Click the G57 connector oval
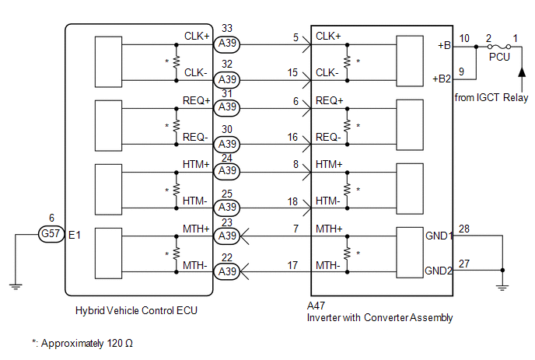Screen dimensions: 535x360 [51, 234]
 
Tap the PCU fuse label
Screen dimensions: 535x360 [499, 57]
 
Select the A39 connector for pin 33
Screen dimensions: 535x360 [227, 44]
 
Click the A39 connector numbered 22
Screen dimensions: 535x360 [227, 272]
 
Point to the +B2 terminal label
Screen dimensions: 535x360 [442, 79]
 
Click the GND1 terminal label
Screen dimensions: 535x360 [439, 236]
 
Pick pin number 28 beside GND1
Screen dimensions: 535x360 [464, 229]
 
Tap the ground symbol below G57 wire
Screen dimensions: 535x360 [16, 286]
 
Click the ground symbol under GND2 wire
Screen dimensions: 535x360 [502, 288]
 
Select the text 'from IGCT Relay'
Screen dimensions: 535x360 [491, 98]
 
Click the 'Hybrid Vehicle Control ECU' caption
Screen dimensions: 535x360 [136, 310]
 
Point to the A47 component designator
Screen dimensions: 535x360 [316, 306]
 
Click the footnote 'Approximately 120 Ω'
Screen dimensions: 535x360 [87, 343]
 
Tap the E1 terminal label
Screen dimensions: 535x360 [75, 235]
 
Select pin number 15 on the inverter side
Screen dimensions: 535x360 [292, 72]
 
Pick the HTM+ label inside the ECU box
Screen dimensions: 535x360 [196, 165]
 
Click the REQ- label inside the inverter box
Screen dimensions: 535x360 [328, 137]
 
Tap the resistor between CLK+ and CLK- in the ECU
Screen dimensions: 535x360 [176, 62]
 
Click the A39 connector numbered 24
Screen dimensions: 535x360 [227, 170]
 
